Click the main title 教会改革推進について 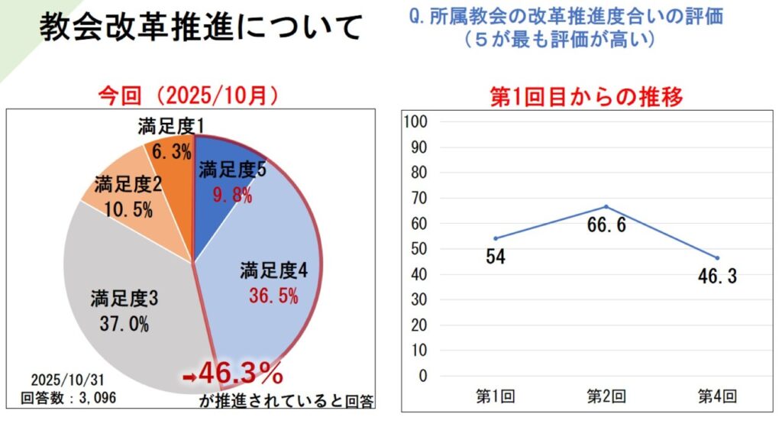[200, 28]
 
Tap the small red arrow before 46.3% [189, 377]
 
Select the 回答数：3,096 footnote [68, 397]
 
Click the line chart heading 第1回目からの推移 [585, 97]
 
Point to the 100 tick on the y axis [419, 122]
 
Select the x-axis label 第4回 [717, 396]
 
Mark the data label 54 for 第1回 [496, 257]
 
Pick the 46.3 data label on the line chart [716, 277]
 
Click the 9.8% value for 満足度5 [233, 196]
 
